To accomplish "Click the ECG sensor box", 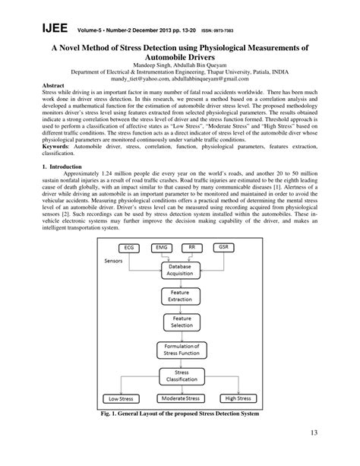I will [129, 248].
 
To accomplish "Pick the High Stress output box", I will [238, 398].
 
